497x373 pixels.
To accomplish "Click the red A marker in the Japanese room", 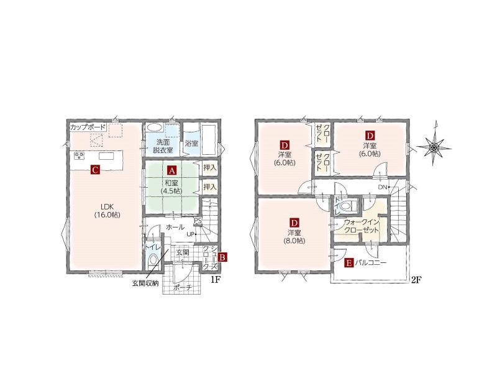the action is (x=172, y=170).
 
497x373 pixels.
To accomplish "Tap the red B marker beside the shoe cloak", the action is (x=222, y=257).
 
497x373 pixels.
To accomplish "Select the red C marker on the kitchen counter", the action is (x=95, y=170).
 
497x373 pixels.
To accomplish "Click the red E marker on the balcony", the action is (x=349, y=262).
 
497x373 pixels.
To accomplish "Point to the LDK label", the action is (x=107, y=205).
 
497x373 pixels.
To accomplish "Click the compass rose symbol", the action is (x=434, y=147).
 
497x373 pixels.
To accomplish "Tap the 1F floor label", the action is (x=216, y=280).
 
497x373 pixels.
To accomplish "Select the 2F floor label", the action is (x=416, y=280).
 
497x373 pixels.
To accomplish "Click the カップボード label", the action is (x=88, y=127).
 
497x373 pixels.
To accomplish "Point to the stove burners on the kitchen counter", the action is (x=80, y=155).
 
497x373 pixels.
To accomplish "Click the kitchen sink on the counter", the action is (x=106, y=156).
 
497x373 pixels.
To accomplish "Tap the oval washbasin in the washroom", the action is (x=154, y=127).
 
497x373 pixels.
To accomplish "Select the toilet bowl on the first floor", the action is (x=153, y=260).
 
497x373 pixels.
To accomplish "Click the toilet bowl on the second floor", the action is (x=346, y=206).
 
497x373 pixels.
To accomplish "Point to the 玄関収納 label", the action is (x=145, y=283).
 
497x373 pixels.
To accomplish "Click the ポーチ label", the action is (x=183, y=288).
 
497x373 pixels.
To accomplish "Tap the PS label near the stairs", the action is (x=198, y=220).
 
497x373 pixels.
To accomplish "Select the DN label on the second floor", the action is (x=383, y=187).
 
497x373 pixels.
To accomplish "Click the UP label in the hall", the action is (x=190, y=234).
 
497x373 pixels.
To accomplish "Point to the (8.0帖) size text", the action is (x=294, y=241).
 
